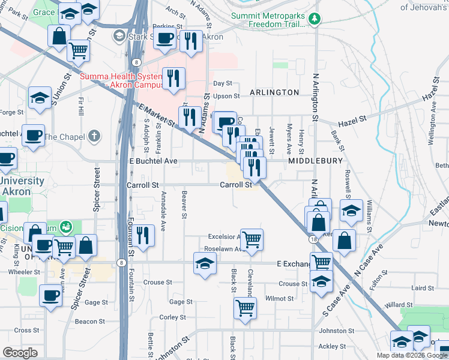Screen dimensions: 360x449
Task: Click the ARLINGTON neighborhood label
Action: tap(274, 92)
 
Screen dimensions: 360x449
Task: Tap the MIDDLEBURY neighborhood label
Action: tap(315, 161)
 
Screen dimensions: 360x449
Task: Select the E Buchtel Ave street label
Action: tap(154, 161)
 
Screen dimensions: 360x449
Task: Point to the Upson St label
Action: tap(226, 96)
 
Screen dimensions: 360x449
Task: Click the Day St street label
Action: tap(222, 84)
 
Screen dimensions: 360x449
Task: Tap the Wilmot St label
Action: tap(280, 298)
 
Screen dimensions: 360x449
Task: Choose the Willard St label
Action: tap(400, 305)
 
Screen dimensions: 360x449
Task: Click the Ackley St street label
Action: tap(332, 346)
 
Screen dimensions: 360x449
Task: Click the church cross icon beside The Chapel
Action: tap(93, 136)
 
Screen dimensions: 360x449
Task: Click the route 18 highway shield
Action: tap(314, 239)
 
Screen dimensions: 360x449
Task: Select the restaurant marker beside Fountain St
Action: tap(143, 235)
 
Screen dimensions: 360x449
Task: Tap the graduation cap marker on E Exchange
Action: tap(205, 263)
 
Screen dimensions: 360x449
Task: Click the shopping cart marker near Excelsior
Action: tap(252, 239)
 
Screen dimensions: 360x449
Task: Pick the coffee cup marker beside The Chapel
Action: tap(33, 135)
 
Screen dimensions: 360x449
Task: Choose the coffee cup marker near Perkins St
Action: tap(166, 37)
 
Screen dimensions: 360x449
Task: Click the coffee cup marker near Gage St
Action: tap(50, 295)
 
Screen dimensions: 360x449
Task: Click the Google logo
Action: tap(20, 353)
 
